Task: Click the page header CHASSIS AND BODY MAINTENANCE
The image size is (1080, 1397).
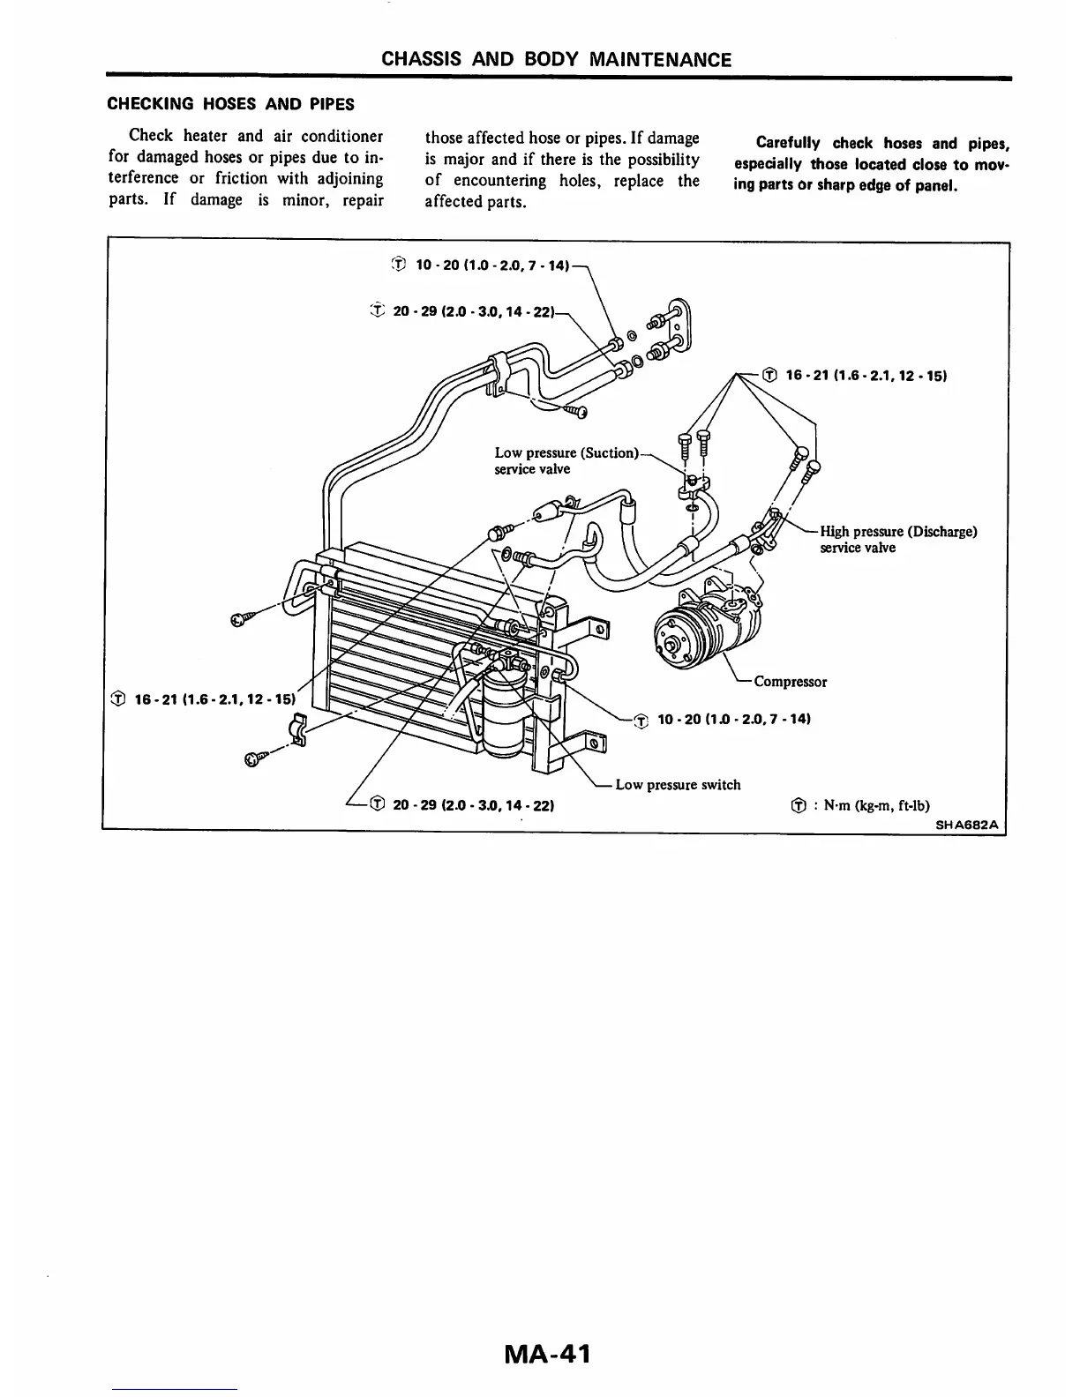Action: (556, 60)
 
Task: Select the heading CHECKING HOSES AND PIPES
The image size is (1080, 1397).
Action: (230, 104)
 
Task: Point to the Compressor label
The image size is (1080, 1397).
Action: (790, 682)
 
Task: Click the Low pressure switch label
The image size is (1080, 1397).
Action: (678, 784)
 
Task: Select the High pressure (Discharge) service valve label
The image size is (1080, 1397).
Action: (897, 540)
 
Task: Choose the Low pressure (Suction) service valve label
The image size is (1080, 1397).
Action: (565, 460)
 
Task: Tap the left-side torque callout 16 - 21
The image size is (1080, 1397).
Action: (202, 699)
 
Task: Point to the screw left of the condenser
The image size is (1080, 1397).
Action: (241, 619)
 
